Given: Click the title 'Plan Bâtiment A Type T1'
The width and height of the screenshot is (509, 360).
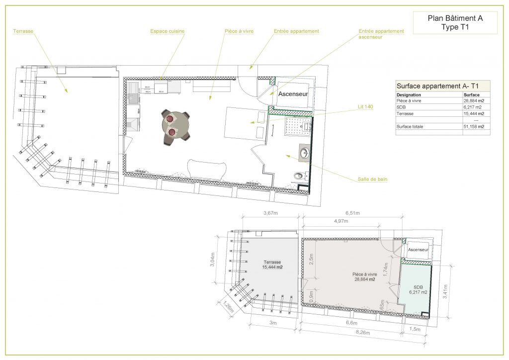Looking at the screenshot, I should (x=455, y=23).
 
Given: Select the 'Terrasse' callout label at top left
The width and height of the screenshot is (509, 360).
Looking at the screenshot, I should (x=23, y=31).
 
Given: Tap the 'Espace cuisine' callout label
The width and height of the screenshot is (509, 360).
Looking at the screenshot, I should (x=167, y=31).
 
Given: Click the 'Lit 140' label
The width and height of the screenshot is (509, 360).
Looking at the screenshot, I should (x=365, y=106).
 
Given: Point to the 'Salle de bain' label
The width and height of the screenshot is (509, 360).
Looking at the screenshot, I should (x=372, y=180).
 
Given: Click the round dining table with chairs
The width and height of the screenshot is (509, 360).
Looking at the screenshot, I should (x=176, y=126).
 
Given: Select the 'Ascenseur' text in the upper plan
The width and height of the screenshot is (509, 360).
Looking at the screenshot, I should (x=293, y=93).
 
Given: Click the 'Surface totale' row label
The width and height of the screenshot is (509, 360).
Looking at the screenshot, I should (x=410, y=127).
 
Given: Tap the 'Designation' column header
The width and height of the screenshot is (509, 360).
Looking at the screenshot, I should (x=409, y=94).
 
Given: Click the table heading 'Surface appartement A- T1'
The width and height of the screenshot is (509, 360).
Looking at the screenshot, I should (x=434, y=86).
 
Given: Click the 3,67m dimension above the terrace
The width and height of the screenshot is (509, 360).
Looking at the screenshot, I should (x=270, y=214).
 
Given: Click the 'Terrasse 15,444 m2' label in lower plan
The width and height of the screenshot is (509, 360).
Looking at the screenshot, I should (x=272, y=265).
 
